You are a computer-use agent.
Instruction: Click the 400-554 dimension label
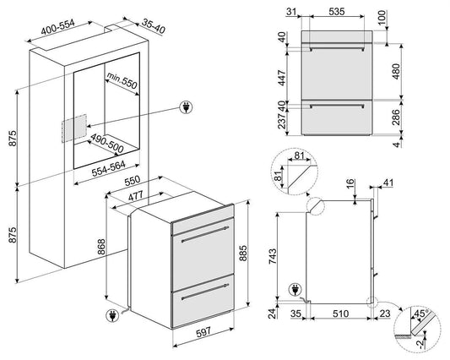[58, 27]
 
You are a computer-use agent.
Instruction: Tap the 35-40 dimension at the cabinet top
[154, 27]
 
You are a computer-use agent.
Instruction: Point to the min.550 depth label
[122, 80]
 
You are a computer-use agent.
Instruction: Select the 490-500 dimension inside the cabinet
[107, 144]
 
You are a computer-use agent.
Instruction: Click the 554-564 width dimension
[108, 168]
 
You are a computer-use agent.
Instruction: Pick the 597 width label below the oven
[203, 332]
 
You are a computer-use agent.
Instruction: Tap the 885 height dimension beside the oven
[243, 253]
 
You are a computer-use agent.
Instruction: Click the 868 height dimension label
[101, 247]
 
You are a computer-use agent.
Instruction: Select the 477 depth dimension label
[135, 196]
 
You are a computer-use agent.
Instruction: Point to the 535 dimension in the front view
[337, 12]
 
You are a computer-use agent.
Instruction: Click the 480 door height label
[396, 71]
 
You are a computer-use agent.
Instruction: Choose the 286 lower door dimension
[396, 117]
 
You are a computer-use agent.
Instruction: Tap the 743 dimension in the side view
[273, 256]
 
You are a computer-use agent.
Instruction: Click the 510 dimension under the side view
[340, 314]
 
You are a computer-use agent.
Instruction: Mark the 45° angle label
[421, 314]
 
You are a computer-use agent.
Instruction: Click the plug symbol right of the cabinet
[186, 107]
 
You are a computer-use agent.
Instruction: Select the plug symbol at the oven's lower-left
[112, 316]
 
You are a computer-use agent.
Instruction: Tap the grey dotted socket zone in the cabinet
[74, 128]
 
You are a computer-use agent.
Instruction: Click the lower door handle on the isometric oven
[205, 292]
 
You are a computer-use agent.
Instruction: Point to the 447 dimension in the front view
[282, 78]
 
